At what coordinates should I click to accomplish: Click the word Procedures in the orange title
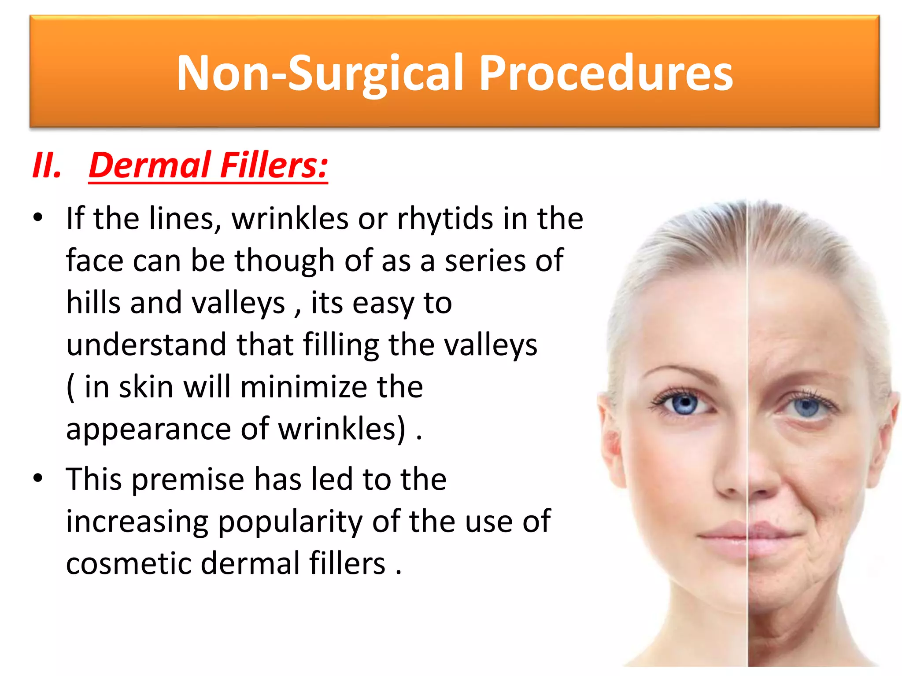click(x=606, y=73)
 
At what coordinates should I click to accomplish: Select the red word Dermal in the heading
click(x=149, y=165)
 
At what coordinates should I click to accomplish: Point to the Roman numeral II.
click(x=47, y=165)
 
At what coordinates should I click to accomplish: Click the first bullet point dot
click(x=38, y=217)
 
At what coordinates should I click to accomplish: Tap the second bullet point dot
click(x=38, y=478)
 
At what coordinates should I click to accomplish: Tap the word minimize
click(x=303, y=387)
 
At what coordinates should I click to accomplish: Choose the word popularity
click(x=291, y=522)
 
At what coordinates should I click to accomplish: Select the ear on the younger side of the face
click(x=610, y=445)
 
